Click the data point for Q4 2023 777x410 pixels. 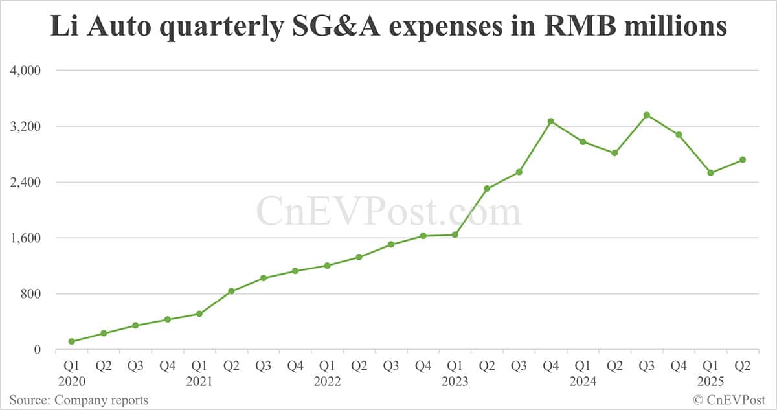(x=551, y=121)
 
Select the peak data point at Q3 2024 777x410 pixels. (x=647, y=115)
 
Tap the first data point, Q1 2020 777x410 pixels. (x=71, y=341)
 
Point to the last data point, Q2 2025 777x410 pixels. (x=743, y=160)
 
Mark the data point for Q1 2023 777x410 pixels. (x=455, y=235)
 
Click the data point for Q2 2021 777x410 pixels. (x=231, y=291)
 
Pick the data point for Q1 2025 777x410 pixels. (x=710, y=173)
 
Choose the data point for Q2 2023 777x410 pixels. (x=487, y=188)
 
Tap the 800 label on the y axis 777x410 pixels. (x=30, y=294)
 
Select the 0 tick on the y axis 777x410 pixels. (x=37, y=350)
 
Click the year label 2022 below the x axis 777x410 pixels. (x=327, y=382)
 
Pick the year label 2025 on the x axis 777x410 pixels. (x=710, y=382)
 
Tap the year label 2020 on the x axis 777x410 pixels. (x=71, y=382)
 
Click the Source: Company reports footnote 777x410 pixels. (x=78, y=400)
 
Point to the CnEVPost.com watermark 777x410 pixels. (x=388, y=212)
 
